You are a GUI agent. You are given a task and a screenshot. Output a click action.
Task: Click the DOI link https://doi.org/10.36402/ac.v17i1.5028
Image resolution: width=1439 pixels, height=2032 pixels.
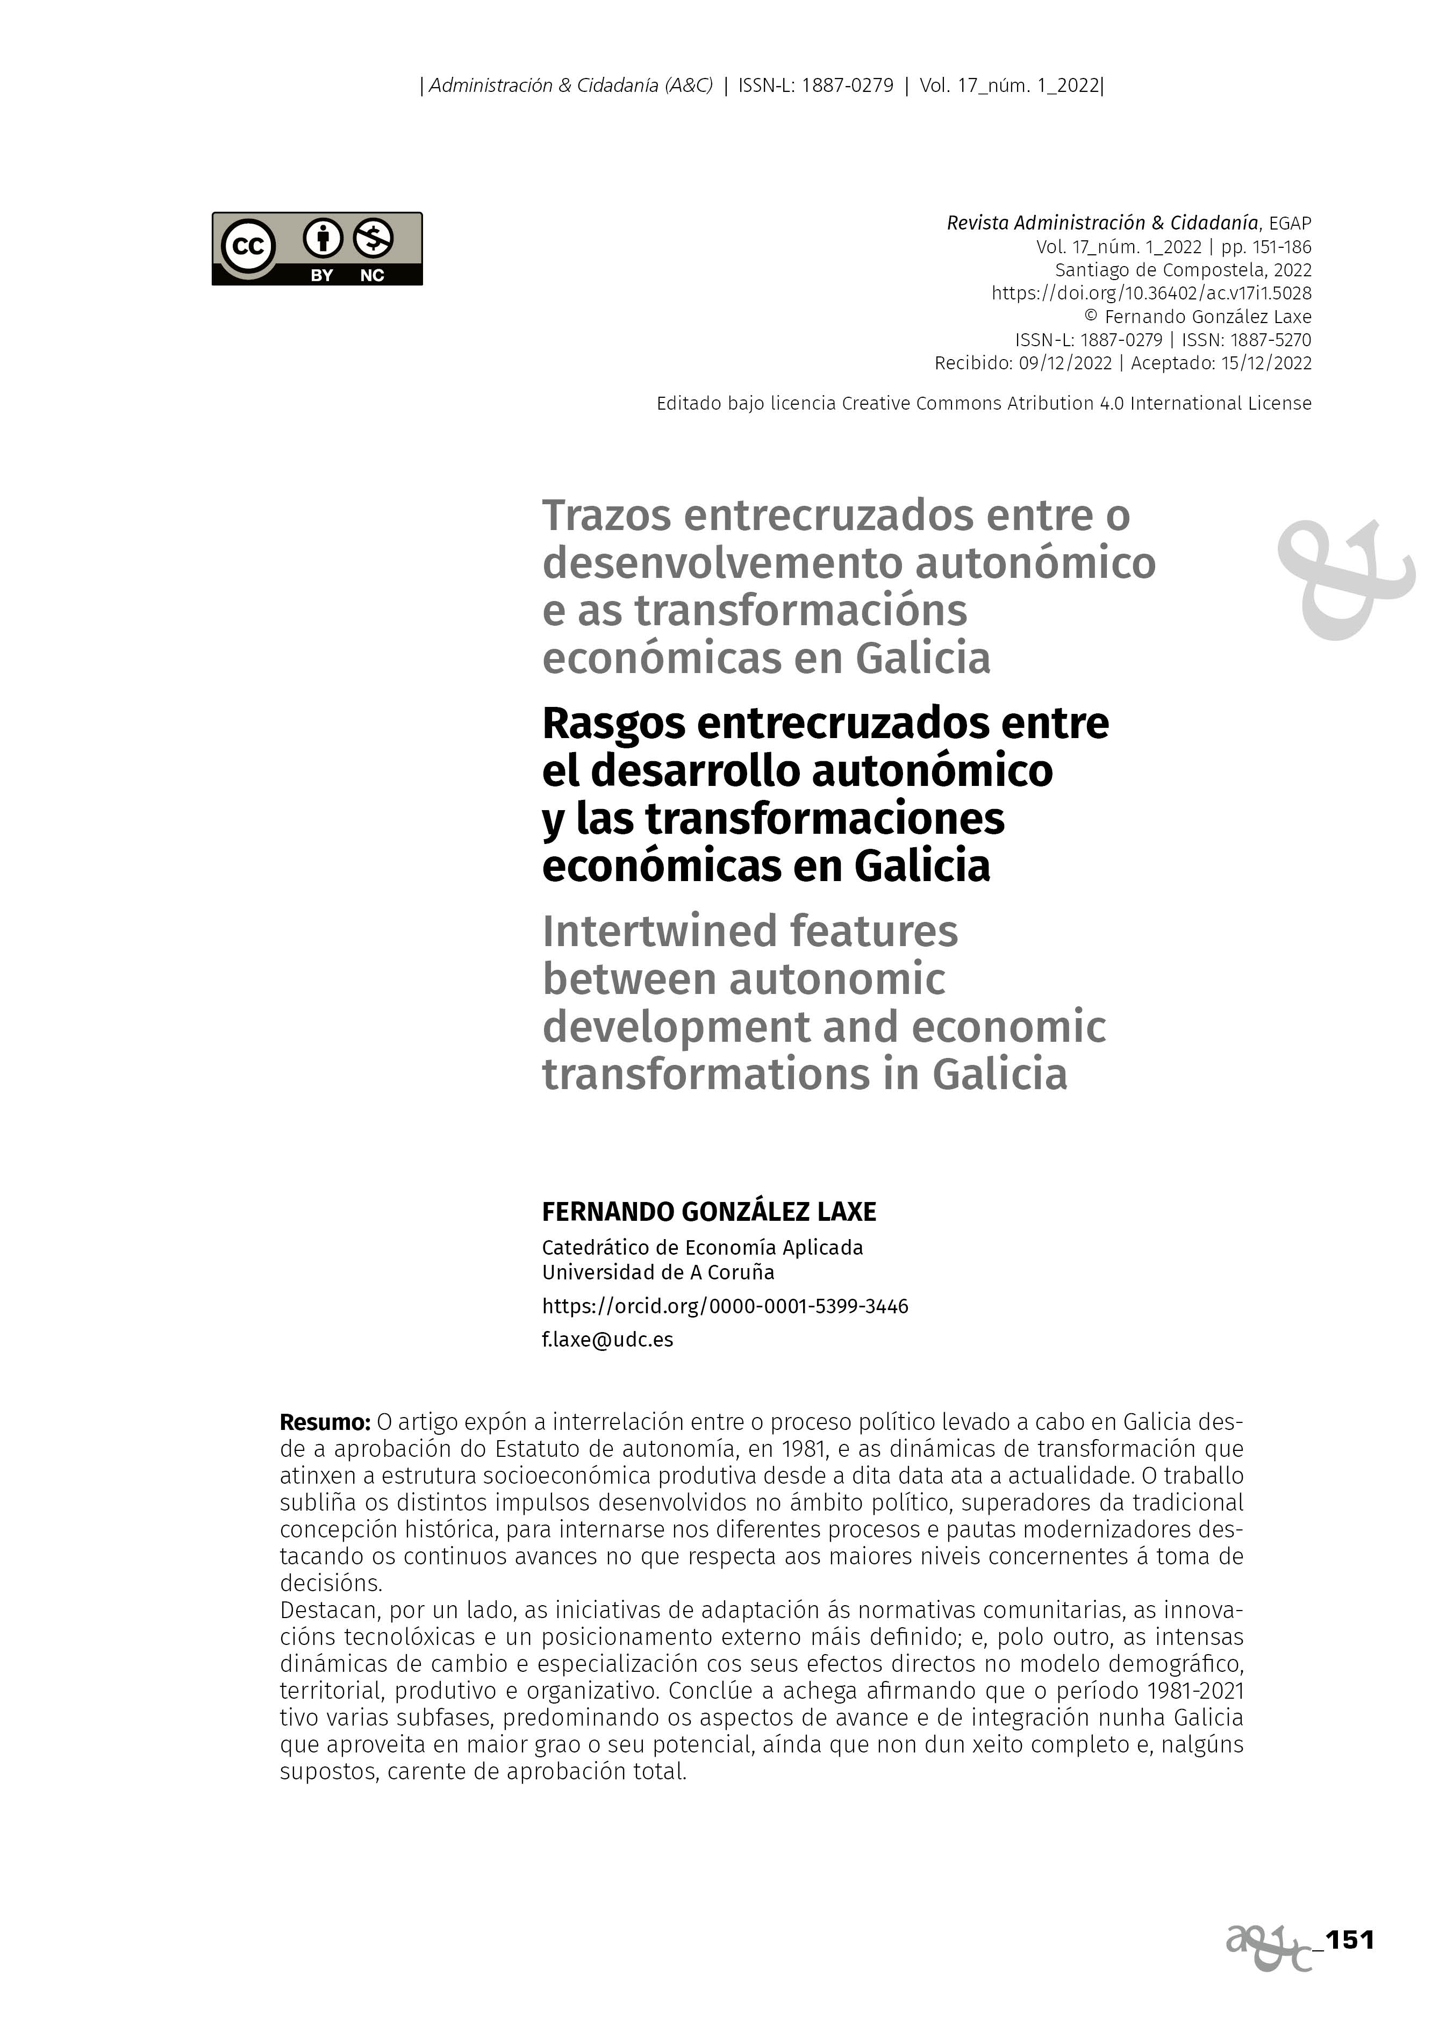point(1151,294)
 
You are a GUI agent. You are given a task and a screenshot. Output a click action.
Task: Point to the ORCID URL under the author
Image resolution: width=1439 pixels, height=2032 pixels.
point(725,1306)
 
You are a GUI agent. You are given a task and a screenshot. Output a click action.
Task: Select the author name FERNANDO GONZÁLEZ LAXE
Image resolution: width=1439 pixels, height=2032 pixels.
point(709,1212)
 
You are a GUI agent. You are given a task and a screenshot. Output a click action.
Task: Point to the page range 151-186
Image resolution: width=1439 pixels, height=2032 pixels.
point(1282,247)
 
